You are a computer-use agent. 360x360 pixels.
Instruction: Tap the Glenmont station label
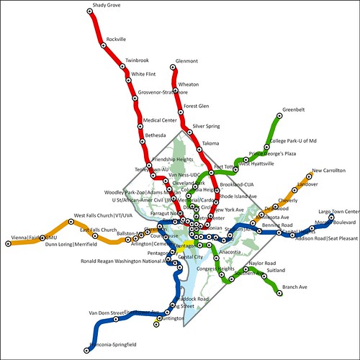pos(186,61)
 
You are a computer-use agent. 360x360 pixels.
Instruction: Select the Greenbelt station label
pos(294,109)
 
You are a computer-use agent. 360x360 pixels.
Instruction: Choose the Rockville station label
pos(115,38)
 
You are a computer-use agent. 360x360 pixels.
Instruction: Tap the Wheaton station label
pos(188,84)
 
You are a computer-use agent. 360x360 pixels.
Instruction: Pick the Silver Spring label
pos(206,126)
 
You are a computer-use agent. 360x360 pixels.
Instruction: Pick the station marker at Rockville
pos(103,45)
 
